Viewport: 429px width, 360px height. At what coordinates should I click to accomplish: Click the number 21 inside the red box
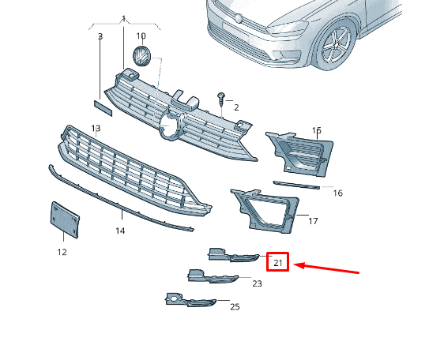(x=277, y=263)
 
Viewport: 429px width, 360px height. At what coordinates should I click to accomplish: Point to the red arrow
(x=326, y=268)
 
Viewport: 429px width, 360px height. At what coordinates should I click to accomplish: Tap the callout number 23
(x=257, y=283)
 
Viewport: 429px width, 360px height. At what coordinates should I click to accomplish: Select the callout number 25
(x=235, y=307)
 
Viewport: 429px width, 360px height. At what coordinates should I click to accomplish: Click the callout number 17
(x=313, y=221)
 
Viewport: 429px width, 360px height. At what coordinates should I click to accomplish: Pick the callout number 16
(x=338, y=193)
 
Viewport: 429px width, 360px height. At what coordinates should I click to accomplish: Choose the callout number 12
(x=62, y=252)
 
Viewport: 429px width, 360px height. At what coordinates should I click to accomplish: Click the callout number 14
(x=120, y=231)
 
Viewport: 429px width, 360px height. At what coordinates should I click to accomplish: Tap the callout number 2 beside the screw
(x=236, y=107)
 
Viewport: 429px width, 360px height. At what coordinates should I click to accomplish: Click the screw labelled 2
(x=220, y=99)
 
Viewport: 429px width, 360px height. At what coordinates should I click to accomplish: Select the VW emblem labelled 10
(x=141, y=56)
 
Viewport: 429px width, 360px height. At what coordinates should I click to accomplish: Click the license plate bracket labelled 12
(x=65, y=219)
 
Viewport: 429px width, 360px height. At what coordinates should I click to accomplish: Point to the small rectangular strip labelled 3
(x=103, y=108)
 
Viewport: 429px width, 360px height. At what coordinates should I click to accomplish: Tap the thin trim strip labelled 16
(x=296, y=185)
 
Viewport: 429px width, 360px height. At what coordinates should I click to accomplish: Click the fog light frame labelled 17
(x=265, y=211)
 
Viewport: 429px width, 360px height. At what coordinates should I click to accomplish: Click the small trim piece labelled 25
(x=190, y=300)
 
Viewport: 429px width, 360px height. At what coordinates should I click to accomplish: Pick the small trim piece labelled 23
(x=213, y=276)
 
